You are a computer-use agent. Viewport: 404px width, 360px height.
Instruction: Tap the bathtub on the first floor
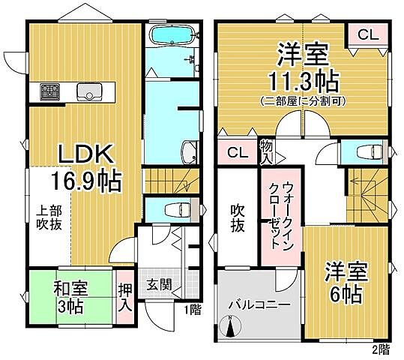171,34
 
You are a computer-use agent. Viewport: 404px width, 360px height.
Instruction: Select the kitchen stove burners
51,92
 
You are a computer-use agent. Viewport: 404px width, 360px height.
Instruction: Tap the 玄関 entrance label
159,286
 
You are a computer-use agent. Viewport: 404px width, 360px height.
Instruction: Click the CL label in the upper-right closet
367,34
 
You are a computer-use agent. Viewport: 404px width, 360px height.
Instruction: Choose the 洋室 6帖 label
344,281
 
